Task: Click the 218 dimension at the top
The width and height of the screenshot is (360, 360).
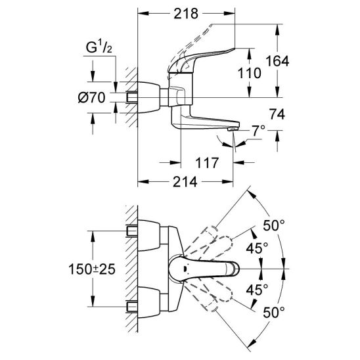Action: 186,14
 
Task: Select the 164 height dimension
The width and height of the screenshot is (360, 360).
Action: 277,61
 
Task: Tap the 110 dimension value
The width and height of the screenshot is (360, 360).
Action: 249,73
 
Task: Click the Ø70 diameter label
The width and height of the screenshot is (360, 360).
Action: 91,98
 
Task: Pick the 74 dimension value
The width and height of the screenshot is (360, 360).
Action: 277,114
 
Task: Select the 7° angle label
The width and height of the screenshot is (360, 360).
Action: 258,131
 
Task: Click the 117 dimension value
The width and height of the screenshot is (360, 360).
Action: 207,163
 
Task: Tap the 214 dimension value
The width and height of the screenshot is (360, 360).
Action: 185,182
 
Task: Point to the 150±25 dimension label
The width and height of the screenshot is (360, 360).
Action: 92,269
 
